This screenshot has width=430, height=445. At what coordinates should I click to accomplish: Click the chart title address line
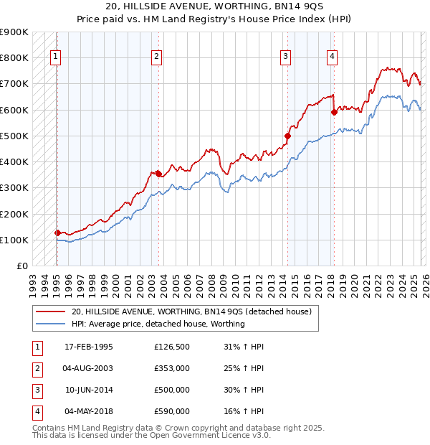215,7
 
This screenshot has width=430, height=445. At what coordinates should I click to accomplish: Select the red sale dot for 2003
158,173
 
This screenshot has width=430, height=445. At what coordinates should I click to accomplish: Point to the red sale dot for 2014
287,135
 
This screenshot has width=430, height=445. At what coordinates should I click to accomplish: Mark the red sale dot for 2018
334,112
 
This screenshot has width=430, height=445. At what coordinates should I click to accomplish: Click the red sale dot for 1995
57,233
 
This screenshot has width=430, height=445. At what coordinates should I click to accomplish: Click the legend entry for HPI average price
158,324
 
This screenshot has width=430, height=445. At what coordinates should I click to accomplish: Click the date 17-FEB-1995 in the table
89,347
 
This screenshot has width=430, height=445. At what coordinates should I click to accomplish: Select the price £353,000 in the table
172,368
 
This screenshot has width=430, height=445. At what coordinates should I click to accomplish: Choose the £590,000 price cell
172,411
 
